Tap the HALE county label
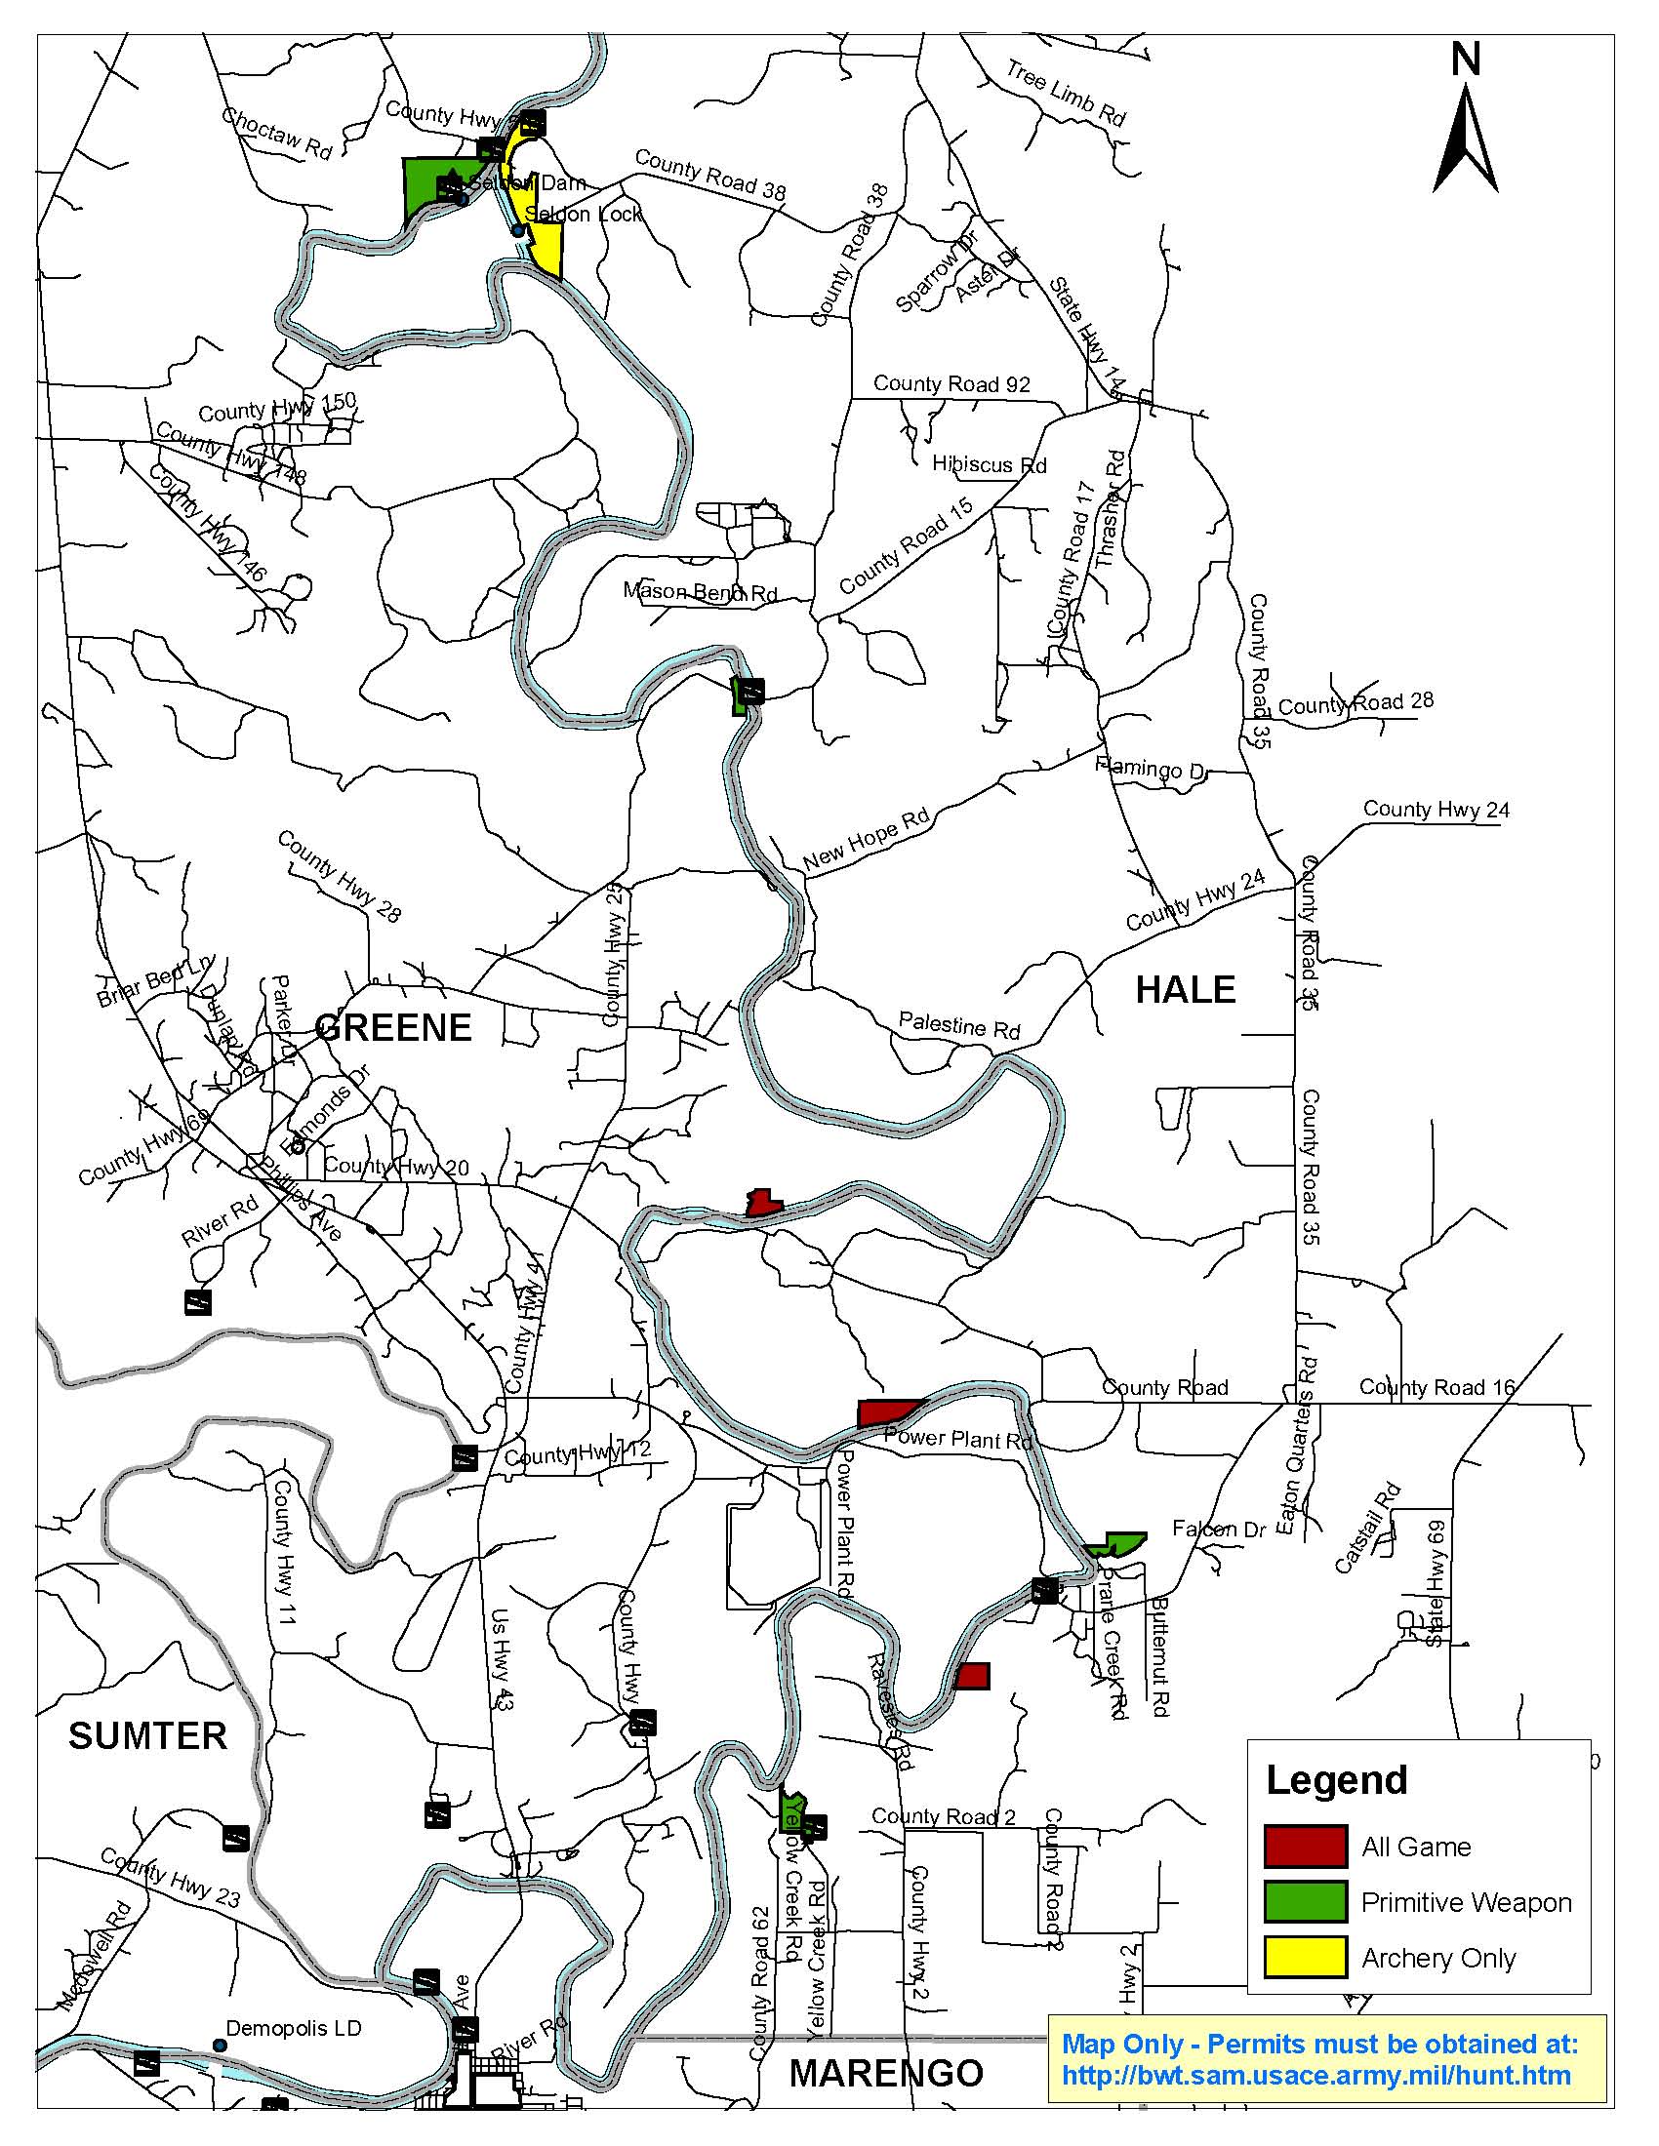(x=1186, y=989)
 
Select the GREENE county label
(x=393, y=1027)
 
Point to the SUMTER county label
(x=147, y=1736)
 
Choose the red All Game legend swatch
(x=1305, y=1847)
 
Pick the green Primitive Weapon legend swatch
(x=1305, y=1902)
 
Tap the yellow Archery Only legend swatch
(x=1305, y=1958)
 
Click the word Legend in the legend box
(x=1337, y=1780)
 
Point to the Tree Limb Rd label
(x=1066, y=93)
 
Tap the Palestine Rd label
(x=959, y=1026)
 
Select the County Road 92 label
(x=951, y=384)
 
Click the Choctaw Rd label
(x=277, y=132)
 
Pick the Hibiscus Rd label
(x=989, y=463)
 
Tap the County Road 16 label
(x=1436, y=1386)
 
